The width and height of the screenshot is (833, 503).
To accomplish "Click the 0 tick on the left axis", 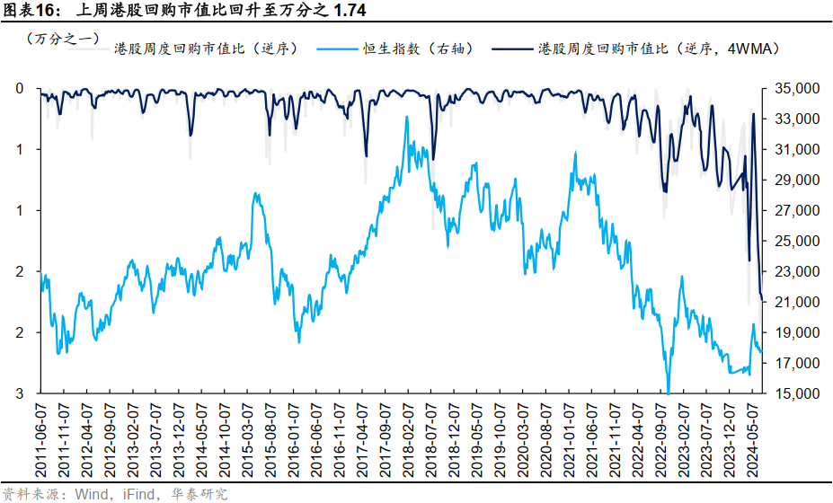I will pos(20,88).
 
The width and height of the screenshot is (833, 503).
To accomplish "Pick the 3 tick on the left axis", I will pos(20,393).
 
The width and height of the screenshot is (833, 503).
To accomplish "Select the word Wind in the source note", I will pos(91,494).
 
